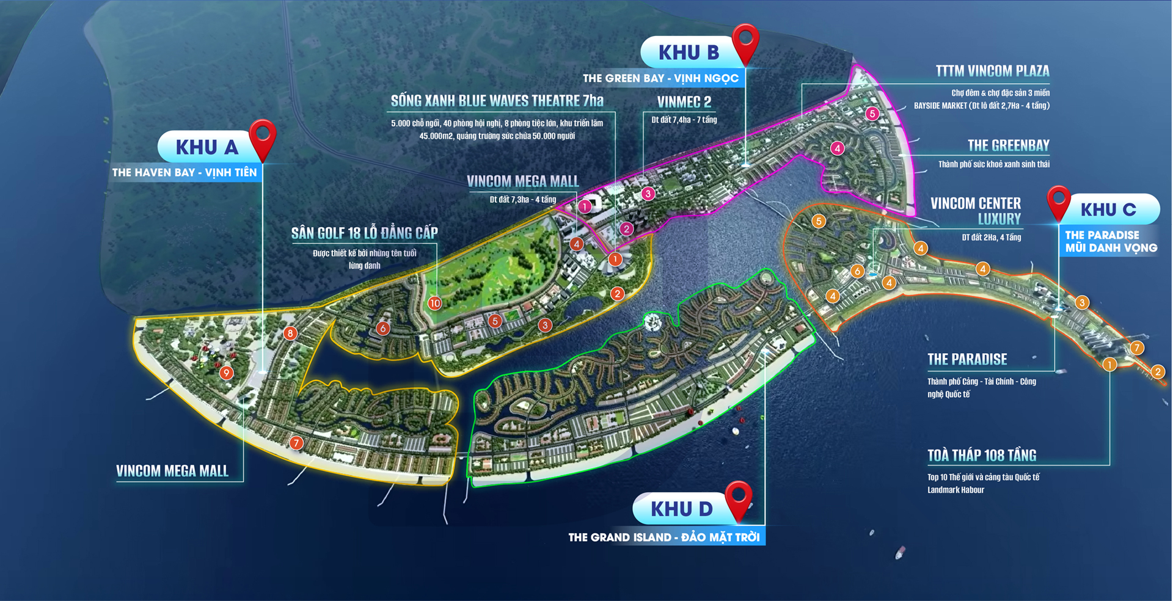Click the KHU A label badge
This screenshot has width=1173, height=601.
pos(206,147)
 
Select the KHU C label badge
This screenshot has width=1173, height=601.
pos(1108,209)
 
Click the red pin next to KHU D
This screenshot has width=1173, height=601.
pos(738,498)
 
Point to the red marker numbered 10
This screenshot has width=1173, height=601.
pos(434,303)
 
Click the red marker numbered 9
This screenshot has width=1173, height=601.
pos(227,373)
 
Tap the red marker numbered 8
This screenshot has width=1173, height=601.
pos(290,333)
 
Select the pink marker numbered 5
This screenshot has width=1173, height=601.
pos(872,114)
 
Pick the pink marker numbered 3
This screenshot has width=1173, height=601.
pos(648,194)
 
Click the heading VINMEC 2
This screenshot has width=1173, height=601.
pos(684,102)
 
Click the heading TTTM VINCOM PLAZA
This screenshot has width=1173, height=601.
pos(992,71)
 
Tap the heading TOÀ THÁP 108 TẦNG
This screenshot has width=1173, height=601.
pos(981,456)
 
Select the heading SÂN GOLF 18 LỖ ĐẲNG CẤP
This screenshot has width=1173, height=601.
pos(364,233)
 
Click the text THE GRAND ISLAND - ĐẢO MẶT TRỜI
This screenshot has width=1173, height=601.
pos(664,537)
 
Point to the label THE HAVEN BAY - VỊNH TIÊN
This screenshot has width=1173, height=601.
pos(185,173)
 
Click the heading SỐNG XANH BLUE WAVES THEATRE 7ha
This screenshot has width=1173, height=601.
pos(497,101)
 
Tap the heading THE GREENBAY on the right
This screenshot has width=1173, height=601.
pos(1008,145)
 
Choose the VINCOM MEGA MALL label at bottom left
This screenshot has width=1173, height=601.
pos(172,471)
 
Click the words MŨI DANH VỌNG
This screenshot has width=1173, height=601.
pos(1111,248)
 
